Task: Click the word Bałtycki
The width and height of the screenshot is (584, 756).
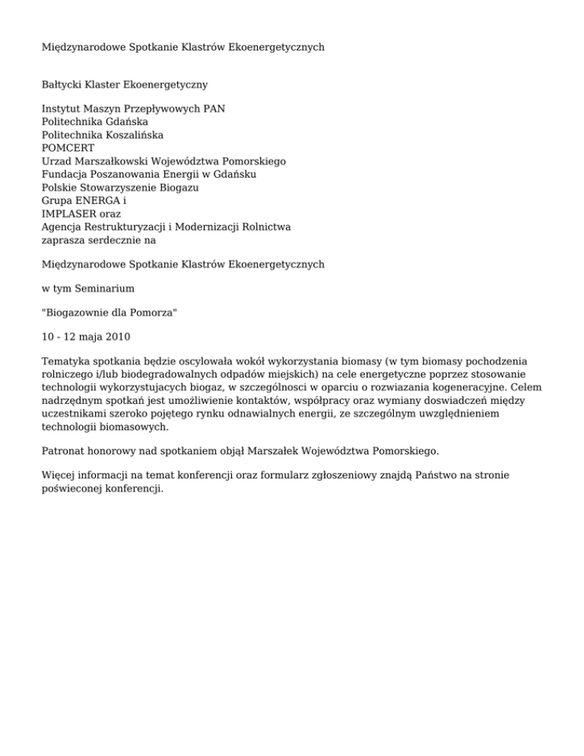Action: pyautogui.click(x=65, y=83)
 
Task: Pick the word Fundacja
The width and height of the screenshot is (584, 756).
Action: pyautogui.click(x=66, y=173)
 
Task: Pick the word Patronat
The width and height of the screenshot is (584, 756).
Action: pyautogui.click(x=66, y=450)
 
